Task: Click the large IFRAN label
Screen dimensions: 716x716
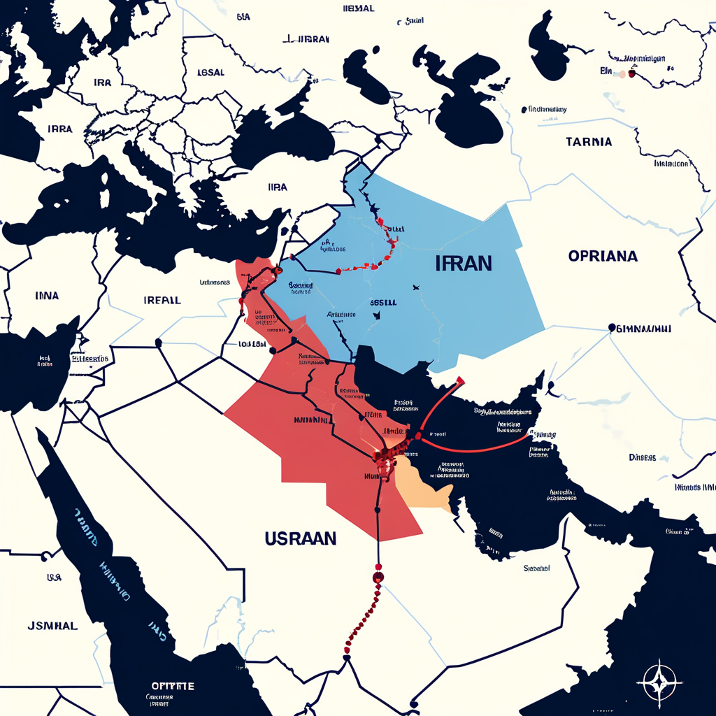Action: tap(463, 264)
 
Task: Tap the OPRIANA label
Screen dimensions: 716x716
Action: tap(603, 256)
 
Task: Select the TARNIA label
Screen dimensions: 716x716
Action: tap(588, 142)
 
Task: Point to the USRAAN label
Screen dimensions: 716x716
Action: tap(301, 538)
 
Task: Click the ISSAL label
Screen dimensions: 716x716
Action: tap(210, 72)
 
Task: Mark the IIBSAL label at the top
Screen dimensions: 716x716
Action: tap(359, 8)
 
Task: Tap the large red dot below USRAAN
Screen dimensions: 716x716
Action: tap(378, 577)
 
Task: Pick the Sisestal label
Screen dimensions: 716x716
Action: tap(536, 568)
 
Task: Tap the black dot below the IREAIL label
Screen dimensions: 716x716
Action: tap(159, 342)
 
